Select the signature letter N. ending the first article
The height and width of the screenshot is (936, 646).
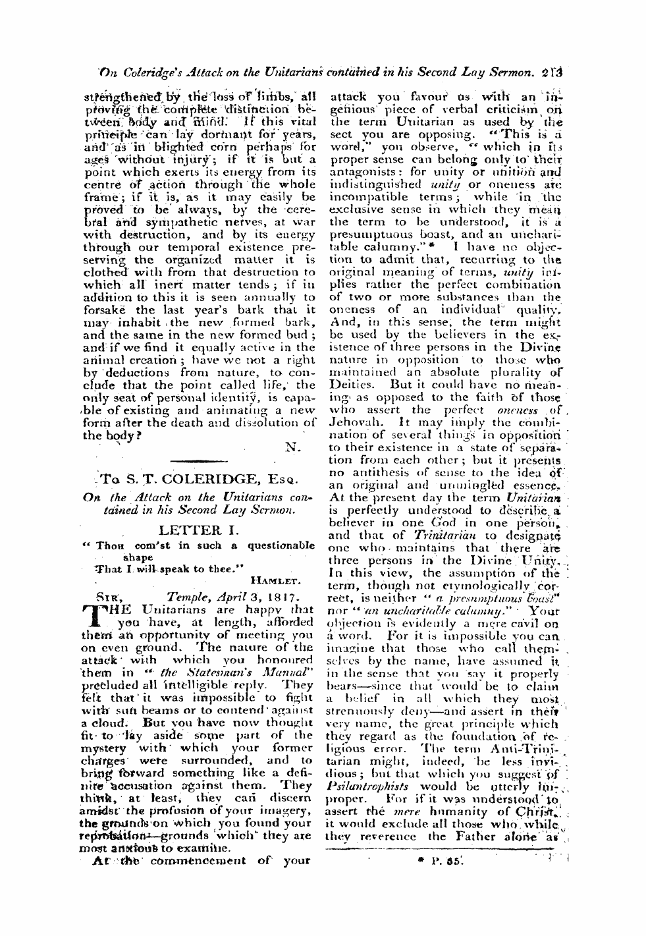click(x=292, y=447)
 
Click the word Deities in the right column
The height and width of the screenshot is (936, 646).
click(x=351, y=383)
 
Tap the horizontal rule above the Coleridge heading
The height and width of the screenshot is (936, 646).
click(x=198, y=460)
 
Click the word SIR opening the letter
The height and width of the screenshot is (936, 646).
click(x=105, y=598)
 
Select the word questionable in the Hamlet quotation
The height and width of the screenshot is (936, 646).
click(x=281, y=545)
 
